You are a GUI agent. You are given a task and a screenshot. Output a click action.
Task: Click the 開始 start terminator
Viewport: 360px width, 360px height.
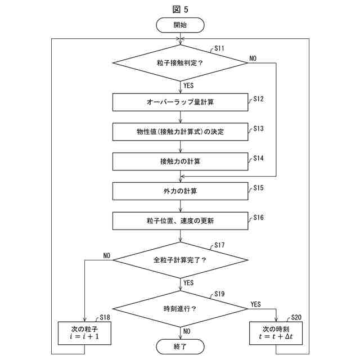pyautogui.click(x=180, y=25)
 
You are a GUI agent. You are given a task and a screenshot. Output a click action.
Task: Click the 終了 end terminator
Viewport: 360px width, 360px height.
pyautogui.click(x=180, y=346)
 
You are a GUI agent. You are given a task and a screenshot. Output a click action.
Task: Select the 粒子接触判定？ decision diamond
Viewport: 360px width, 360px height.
pyautogui.click(x=180, y=62)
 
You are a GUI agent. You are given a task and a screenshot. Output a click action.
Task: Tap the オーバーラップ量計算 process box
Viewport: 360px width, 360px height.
pyautogui.click(x=180, y=102)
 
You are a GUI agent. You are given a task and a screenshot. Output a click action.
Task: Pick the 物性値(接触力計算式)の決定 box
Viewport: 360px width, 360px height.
pyautogui.click(x=180, y=132)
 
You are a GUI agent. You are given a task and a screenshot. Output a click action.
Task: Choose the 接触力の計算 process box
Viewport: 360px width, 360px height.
pyautogui.click(x=180, y=161)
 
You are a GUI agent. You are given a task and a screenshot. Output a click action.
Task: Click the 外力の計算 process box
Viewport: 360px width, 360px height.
pyautogui.click(x=180, y=191)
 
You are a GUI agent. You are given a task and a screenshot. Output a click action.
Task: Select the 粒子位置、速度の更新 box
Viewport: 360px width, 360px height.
pyautogui.click(x=180, y=220)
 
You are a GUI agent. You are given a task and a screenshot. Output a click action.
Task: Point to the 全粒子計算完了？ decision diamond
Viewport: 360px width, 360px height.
pyautogui.click(x=180, y=260)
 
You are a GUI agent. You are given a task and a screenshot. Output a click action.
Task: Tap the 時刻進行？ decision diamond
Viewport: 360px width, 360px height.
pyautogui.click(x=180, y=309)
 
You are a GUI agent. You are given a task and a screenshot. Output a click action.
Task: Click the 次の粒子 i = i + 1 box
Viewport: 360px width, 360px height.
pyautogui.click(x=84, y=333)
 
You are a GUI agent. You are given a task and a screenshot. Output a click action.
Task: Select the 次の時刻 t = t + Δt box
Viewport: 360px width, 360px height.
pyautogui.click(x=276, y=333)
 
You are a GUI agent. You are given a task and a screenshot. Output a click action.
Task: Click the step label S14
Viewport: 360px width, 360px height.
pyautogui.click(x=258, y=158)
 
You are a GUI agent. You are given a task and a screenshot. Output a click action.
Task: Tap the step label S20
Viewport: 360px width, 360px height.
pyautogui.click(x=296, y=318)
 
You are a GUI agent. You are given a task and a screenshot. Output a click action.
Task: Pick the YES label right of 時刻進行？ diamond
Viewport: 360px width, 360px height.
pyautogui.click(x=255, y=304)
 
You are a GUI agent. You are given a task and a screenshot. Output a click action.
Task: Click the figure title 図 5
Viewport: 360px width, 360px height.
pyautogui.click(x=180, y=8)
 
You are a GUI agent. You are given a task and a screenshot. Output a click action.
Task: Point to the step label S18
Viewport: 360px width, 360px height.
pyautogui.click(x=105, y=318)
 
